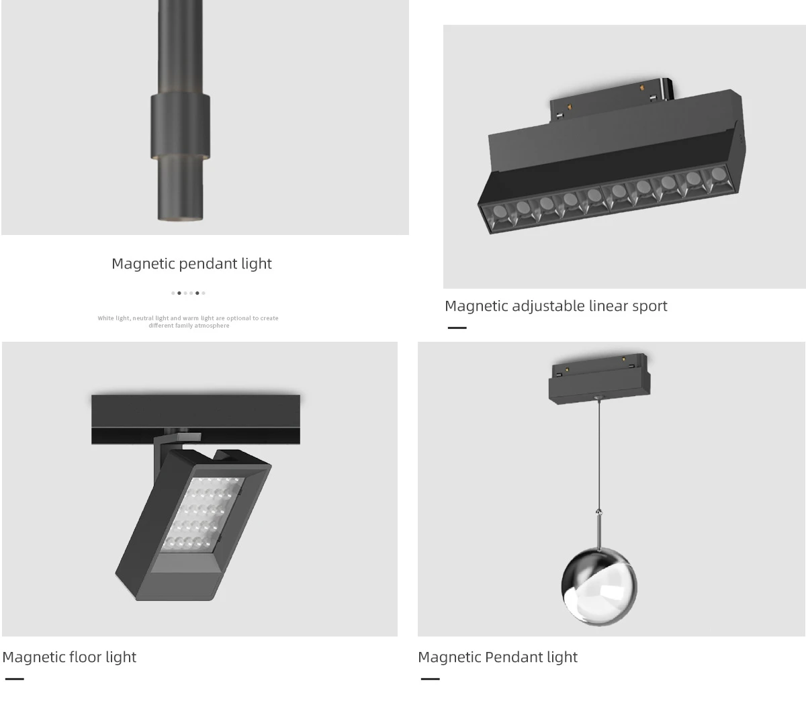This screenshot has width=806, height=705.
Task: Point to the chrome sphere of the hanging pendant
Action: point(598,588)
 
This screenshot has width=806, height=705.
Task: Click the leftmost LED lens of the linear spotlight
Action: point(500,213)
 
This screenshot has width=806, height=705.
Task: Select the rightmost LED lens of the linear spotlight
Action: point(717,175)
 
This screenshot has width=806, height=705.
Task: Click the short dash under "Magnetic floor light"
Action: point(14,679)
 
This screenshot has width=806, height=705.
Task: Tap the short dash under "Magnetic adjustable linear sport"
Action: point(457,328)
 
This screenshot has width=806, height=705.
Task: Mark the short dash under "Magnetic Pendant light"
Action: point(430,679)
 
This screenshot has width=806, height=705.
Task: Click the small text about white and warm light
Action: point(188,322)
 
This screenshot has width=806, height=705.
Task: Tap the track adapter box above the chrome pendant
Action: point(599,378)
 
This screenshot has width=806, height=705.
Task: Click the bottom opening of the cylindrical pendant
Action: point(180,218)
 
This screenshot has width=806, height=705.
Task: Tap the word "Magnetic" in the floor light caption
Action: point(34,657)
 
